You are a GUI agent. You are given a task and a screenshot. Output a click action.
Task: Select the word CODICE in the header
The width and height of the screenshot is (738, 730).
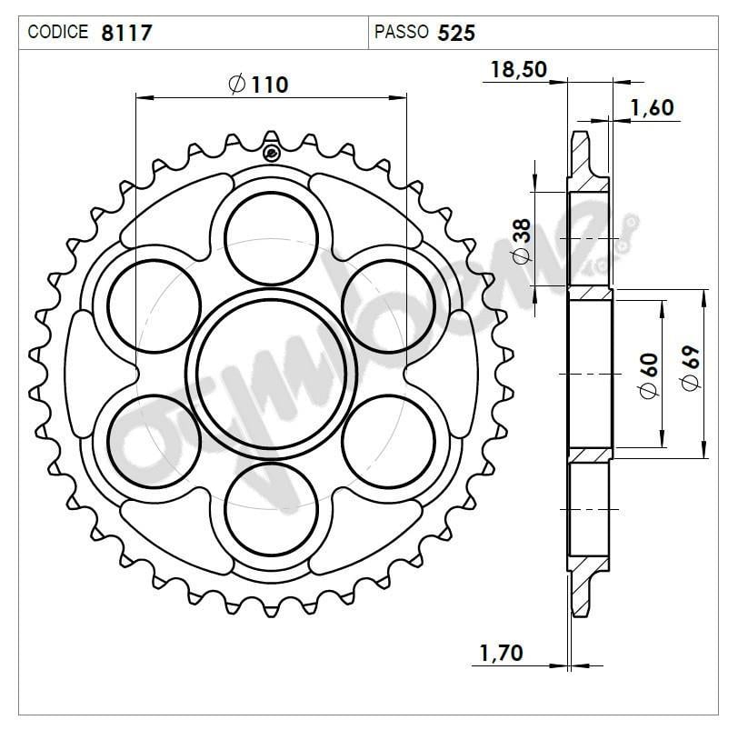coord(58,33)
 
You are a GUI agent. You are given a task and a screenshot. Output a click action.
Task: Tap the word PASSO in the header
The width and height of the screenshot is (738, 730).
coord(401,33)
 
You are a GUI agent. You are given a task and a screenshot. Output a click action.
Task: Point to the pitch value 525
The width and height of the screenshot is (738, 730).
coord(456,33)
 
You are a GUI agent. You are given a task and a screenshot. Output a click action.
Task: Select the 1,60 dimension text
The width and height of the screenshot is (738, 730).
coord(651,107)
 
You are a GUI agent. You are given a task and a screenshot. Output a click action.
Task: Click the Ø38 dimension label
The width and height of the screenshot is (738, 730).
coord(521,242)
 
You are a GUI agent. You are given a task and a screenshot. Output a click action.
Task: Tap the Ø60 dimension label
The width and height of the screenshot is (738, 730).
coord(647,374)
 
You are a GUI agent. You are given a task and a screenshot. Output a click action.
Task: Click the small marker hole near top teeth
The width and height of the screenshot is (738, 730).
coord(271,152)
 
